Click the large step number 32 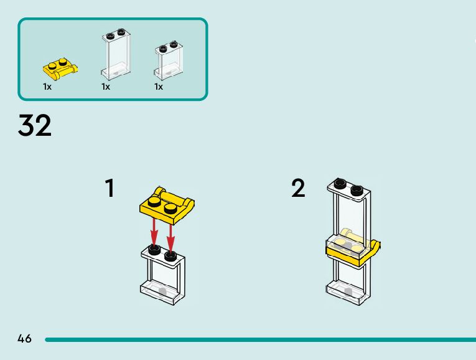[35, 126]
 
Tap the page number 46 [24, 339]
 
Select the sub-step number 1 [110, 188]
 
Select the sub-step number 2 [299, 188]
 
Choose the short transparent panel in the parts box [169, 61]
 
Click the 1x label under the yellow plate [47, 87]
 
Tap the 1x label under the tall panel [106, 87]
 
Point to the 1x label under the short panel [159, 87]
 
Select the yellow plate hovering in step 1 [166, 204]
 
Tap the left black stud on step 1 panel [154, 250]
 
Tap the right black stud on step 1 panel [170, 254]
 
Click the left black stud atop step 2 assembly [339, 183]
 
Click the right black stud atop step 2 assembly [357, 189]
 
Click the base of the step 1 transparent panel [162, 292]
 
